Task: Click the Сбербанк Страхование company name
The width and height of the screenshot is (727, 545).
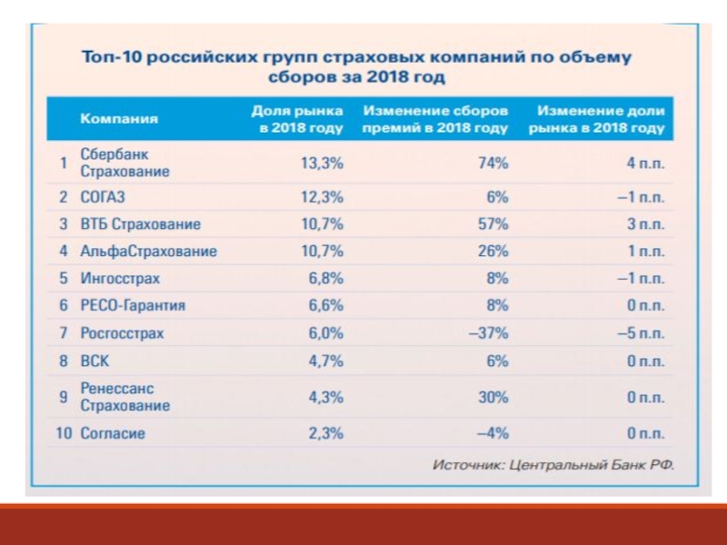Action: tap(125, 163)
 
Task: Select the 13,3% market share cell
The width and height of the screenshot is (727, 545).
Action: tap(322, 163)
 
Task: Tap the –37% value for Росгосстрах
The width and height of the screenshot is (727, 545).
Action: tap(488, 333)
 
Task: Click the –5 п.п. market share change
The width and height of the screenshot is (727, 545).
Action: tap(641, 333)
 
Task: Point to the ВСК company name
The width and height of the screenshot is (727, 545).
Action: tap(95, 361)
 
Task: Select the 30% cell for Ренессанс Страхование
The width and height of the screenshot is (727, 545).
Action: tap(493, 397)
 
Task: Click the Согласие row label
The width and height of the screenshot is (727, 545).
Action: tap(113, 433)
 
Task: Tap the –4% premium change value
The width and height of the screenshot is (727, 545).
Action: tap(491, 433)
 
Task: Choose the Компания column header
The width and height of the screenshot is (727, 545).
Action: tap(119, 119)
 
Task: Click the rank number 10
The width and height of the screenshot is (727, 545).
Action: tap(64, 433)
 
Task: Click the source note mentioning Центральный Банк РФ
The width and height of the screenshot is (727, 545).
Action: tap(553, 465)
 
